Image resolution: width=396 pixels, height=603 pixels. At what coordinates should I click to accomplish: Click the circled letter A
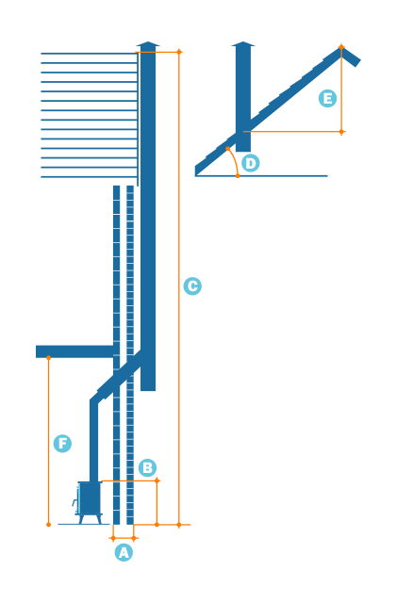(x=124, y=553)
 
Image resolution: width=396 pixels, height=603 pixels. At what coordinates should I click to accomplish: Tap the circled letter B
(x=147, y=467)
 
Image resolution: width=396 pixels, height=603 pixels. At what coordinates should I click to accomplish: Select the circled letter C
(x=192, y=286)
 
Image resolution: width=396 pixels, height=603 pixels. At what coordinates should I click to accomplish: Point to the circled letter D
(x=250, y=163)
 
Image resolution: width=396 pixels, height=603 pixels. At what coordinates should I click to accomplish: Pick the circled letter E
(x=327, y=99)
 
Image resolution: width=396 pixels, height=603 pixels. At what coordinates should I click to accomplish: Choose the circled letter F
(x=62, y=444)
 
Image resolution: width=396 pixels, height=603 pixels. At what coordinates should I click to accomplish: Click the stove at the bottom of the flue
(x=89, y=498)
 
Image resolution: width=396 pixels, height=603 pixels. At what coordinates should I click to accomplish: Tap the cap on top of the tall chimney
(x=148, y=44)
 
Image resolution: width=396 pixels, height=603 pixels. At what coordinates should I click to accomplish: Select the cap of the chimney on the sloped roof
(x=243, y=43)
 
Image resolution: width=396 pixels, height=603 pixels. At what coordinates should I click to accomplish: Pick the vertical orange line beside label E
(x=341, y=90)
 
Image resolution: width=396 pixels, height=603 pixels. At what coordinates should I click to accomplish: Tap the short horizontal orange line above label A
(x=124, y=539)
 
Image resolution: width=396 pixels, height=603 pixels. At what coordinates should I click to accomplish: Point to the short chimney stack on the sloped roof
(x=243, y=94)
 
